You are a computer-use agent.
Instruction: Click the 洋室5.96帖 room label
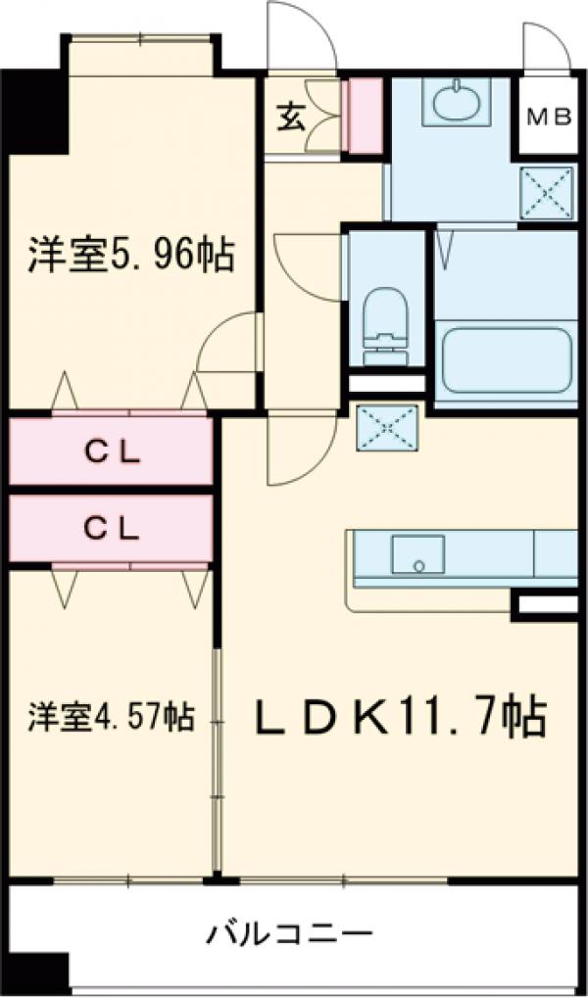coord(129,255)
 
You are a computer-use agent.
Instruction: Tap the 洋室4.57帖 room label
coord(109,716)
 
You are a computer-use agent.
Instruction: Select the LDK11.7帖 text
coord(400,719)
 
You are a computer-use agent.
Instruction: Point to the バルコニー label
coord(289,931)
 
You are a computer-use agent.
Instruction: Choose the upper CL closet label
coord(111,451)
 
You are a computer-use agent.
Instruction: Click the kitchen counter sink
coord(418,554)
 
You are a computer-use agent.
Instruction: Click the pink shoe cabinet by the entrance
coord(367,116)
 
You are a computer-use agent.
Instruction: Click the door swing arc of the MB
coord(546,44)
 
